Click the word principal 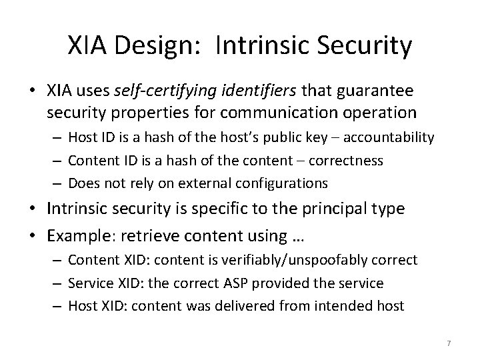[333, 208]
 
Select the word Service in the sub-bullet [90, 283]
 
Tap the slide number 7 [449, 343]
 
